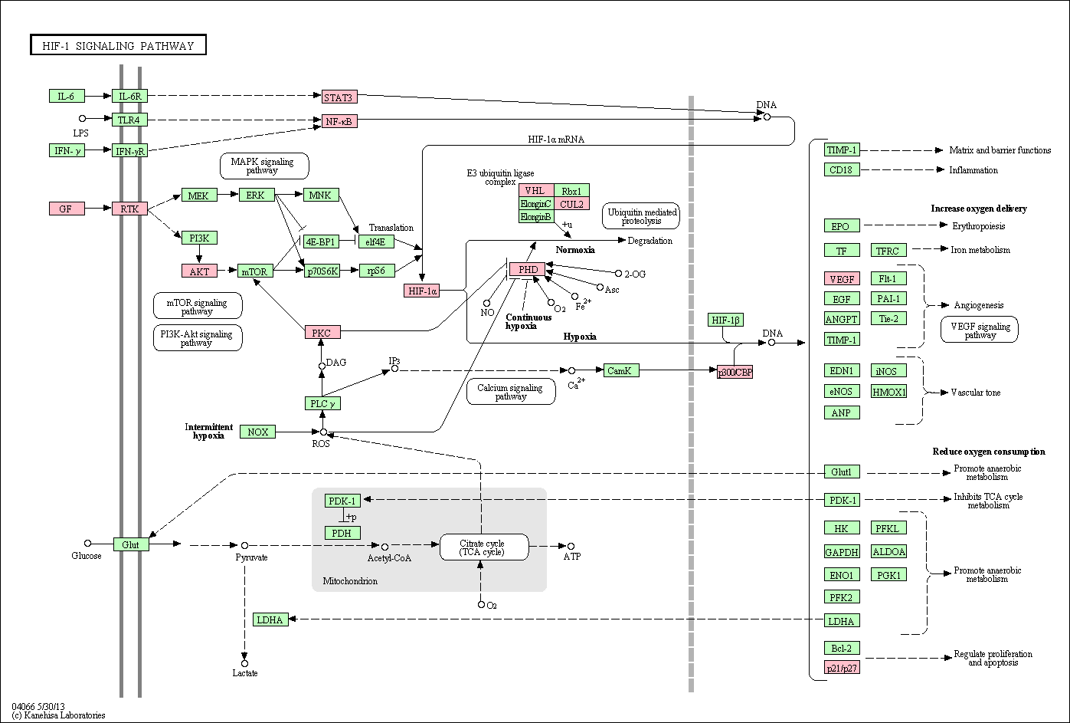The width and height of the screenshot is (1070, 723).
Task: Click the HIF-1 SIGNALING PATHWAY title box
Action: point(119,45)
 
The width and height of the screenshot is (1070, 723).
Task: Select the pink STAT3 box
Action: point(339,97)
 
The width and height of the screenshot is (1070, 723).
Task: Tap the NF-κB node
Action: point(339,121)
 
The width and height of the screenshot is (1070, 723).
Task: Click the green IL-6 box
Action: point(67,96)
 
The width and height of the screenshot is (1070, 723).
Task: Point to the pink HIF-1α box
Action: point(422,291)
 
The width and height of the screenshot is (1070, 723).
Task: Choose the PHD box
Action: point(528,269)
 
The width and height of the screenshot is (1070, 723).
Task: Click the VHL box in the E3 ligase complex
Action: point(536,190)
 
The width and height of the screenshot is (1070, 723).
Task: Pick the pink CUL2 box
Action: point(571,204)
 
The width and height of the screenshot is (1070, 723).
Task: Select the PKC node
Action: point(322,332)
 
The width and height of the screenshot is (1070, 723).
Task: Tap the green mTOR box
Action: point(255,271)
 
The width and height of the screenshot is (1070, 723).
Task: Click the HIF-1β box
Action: point(725,320)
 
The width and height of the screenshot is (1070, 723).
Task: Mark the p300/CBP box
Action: point(735,372)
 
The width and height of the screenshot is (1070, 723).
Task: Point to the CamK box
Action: point(621,370)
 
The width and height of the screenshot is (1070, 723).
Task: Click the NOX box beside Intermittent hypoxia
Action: point(257,432)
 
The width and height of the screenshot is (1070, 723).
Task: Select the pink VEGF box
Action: point(842,279)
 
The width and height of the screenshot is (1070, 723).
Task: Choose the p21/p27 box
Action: point(842,668)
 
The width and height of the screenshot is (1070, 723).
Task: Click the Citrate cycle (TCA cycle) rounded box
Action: point(484,547)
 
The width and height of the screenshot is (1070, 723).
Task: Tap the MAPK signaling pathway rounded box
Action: point(264,166)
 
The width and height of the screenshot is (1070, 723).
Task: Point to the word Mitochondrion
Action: point(350,581)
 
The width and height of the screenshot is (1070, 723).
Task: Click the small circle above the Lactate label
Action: point(244,663)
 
